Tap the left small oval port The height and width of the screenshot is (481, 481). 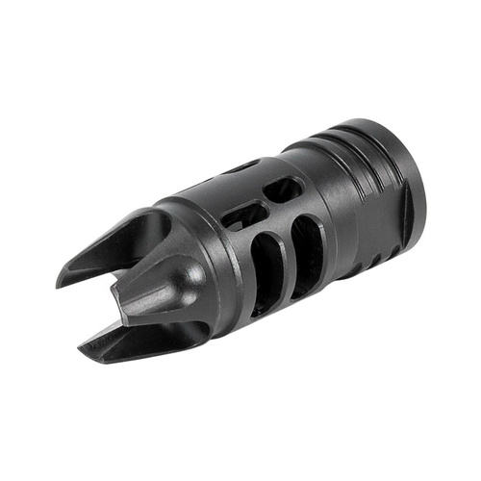245,214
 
